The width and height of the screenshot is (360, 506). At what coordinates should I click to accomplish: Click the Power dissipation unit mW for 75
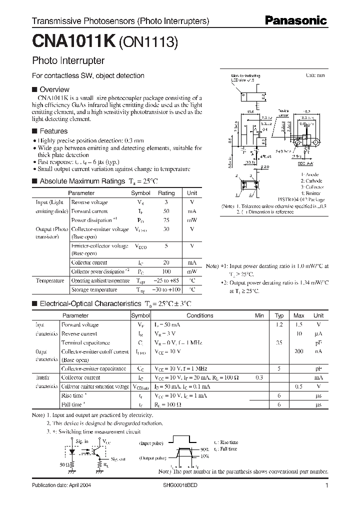(x=192, y=220)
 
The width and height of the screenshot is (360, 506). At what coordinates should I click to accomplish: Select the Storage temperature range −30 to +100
(x=166, y=289)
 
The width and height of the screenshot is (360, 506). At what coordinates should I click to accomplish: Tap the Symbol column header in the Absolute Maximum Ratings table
(x=140, y=193)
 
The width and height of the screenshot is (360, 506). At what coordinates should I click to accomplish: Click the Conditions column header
(x=199, y=315)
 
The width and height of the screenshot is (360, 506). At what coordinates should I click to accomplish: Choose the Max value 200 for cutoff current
(x=298, y=351)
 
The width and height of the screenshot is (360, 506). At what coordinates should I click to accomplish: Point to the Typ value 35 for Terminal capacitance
(x=279, y=342)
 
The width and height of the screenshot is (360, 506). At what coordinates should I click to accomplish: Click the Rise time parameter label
(x=72, y=395)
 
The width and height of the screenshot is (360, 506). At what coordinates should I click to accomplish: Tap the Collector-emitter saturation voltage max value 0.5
(x=298, y=386)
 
